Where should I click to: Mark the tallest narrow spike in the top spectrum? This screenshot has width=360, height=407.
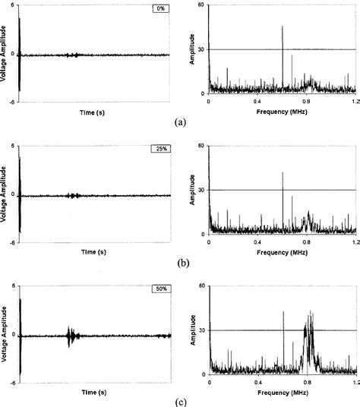point(283,27)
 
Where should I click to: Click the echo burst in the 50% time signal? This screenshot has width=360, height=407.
point(71,335)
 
